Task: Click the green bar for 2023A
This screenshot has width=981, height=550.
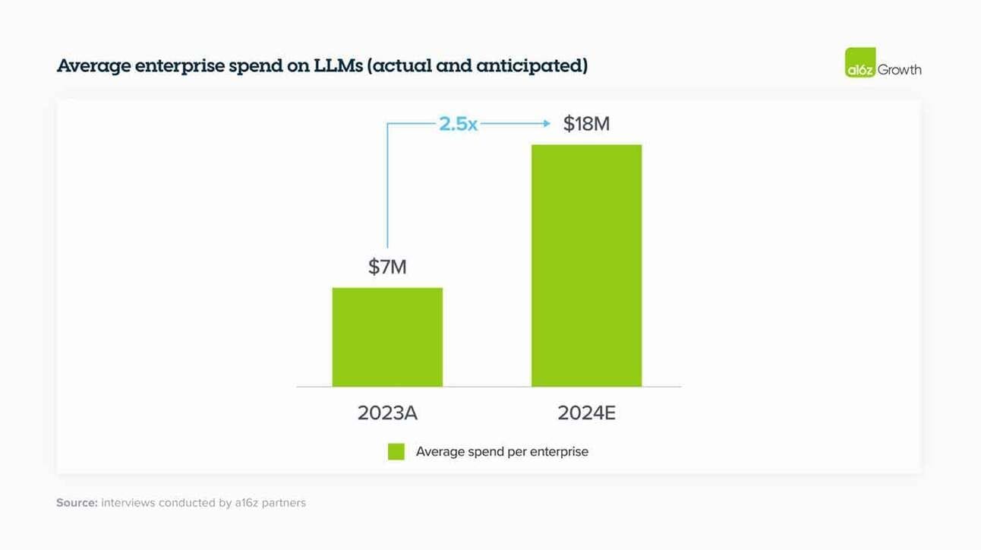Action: point(387,337)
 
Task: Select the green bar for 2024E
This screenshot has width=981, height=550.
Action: point(586,265)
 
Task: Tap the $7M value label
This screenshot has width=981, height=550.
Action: point(387,267)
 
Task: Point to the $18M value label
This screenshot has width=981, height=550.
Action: point(586,123)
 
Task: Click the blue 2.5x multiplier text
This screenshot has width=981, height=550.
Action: point(458,123)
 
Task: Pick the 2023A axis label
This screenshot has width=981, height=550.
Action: point(387,412)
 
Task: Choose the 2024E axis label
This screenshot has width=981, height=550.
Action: point(586,412)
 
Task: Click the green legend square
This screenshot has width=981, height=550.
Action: point(396,452)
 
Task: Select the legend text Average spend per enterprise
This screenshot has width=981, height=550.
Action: point(502,452)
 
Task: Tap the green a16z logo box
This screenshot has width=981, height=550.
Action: point(860,62)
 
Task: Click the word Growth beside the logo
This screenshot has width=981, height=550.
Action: point(900,70)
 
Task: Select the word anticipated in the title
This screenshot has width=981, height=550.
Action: point(528,66)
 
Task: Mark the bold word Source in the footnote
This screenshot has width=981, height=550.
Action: point(77,503)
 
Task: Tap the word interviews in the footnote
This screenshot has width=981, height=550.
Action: point(128,503)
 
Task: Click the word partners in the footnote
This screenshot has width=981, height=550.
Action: point(283,503)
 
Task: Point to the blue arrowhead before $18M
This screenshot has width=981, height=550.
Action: point(546,123)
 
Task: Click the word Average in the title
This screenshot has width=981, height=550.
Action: point(93,66)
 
